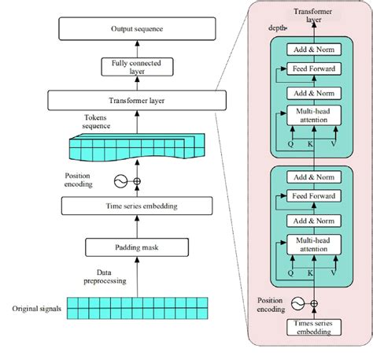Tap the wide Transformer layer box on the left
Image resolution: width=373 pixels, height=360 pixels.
(x=138, y=100)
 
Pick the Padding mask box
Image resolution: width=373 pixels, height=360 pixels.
(x=138, y=249)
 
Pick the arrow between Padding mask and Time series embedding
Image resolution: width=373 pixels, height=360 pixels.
(x=138, y=227)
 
